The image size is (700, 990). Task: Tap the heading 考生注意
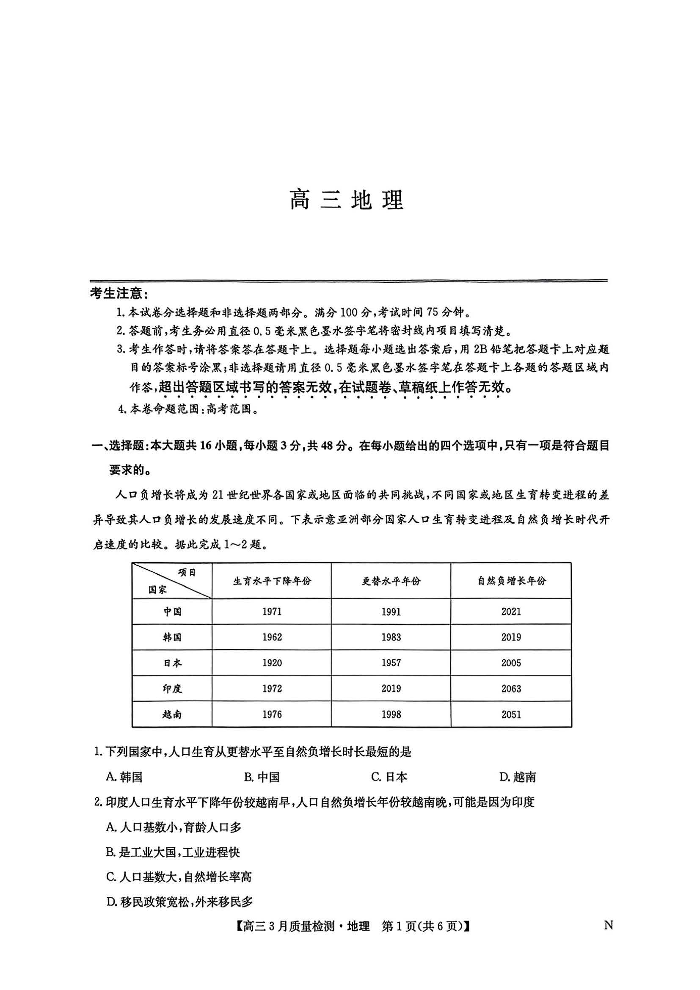pyautogui.click(x=119, y=294)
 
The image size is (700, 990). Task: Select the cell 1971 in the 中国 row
pyautogui.click(x=272, y=612)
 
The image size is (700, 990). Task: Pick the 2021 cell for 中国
pyautogui.click(x=511, y=612)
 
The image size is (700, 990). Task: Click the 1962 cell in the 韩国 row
pyautogui.click(x=272, y=637)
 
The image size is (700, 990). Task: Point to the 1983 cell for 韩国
pyautogui.click(x=391, y=637)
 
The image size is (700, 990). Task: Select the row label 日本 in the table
pyautogui.click(x=172, y=663)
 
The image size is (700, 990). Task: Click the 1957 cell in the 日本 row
pyautogui.click(x=391, y=663)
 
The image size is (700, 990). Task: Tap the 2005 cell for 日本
pyautogui.click(x=511, y=663)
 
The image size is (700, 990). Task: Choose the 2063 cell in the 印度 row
pyautogui.click(x=511, y=689)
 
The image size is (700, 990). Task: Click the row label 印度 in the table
pyautogui.click(x=172, y=689)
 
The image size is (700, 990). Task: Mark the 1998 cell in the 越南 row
pyautogui.click(x=391, y=714)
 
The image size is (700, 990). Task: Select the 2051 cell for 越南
pyautogui.click(x=511, y=714)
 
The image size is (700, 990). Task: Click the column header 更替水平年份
pyautogui.click(x=391, y=581)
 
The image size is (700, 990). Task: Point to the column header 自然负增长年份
pyautogui.click(x=511, y=581)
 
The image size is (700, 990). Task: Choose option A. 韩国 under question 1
pyautogui.click(x=124, y=777)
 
